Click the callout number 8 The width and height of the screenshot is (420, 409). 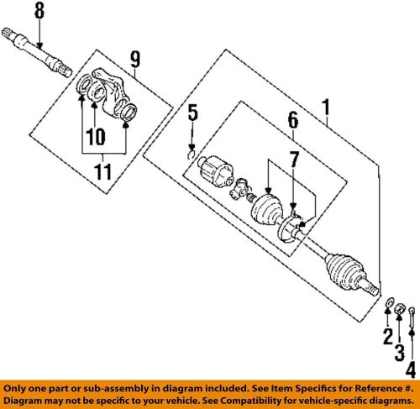[x=38, y=12]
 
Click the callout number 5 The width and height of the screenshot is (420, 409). [x=192, y=112]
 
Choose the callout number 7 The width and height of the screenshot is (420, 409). [x=293, y=159]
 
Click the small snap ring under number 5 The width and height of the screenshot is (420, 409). [x=192, y=153]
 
